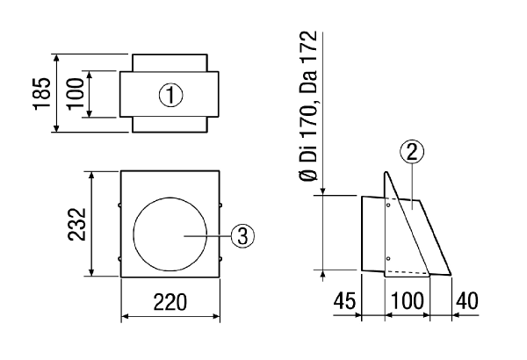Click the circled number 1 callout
tap(170, 95)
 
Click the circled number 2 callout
tap(412, 152)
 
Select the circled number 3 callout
tap(242, 236)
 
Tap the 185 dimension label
tap(43, 93)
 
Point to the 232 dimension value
tap(77, 224)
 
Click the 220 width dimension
tap(170, 301)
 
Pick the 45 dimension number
tap(344, 300)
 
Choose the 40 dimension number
tap(466, 300)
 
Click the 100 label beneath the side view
tap(408, 300)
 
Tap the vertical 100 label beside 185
tap(75, 93)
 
